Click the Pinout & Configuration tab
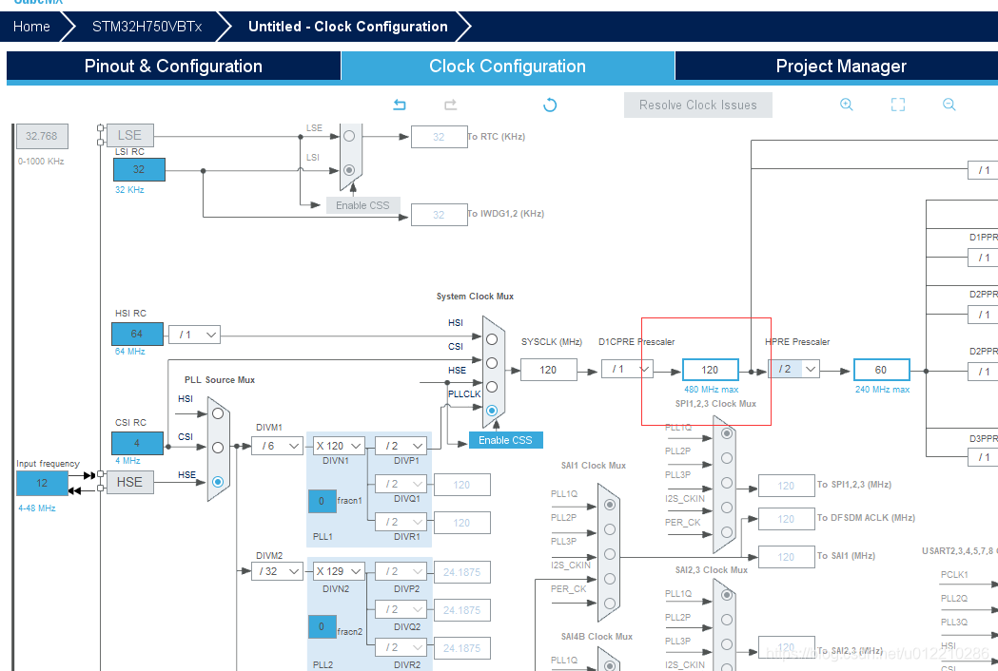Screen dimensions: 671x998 coord(173,67)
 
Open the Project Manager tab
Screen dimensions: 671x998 coord(840,67)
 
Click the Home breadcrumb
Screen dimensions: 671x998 coord(31,27)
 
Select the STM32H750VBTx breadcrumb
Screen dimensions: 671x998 coord(147,27)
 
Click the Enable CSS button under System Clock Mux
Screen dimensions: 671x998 coord(505,440)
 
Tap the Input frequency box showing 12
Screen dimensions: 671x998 coord(42,483)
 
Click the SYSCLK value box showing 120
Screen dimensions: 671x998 coord(548,370)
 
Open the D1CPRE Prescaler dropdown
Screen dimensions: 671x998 coord(627,369)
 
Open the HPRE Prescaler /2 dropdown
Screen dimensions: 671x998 coord(795,369)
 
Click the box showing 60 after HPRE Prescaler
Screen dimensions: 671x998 coord(881,370)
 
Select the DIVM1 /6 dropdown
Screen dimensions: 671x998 coord(277,446)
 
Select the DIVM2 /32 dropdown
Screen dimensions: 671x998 coord(277,571)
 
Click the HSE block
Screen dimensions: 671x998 coord(129,482)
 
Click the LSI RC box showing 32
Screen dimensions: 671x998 coord(139,170)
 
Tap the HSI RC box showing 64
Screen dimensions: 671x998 coord(137,335)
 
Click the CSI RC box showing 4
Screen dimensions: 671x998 coord(137,444)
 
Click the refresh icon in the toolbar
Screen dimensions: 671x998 coord(550,105)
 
